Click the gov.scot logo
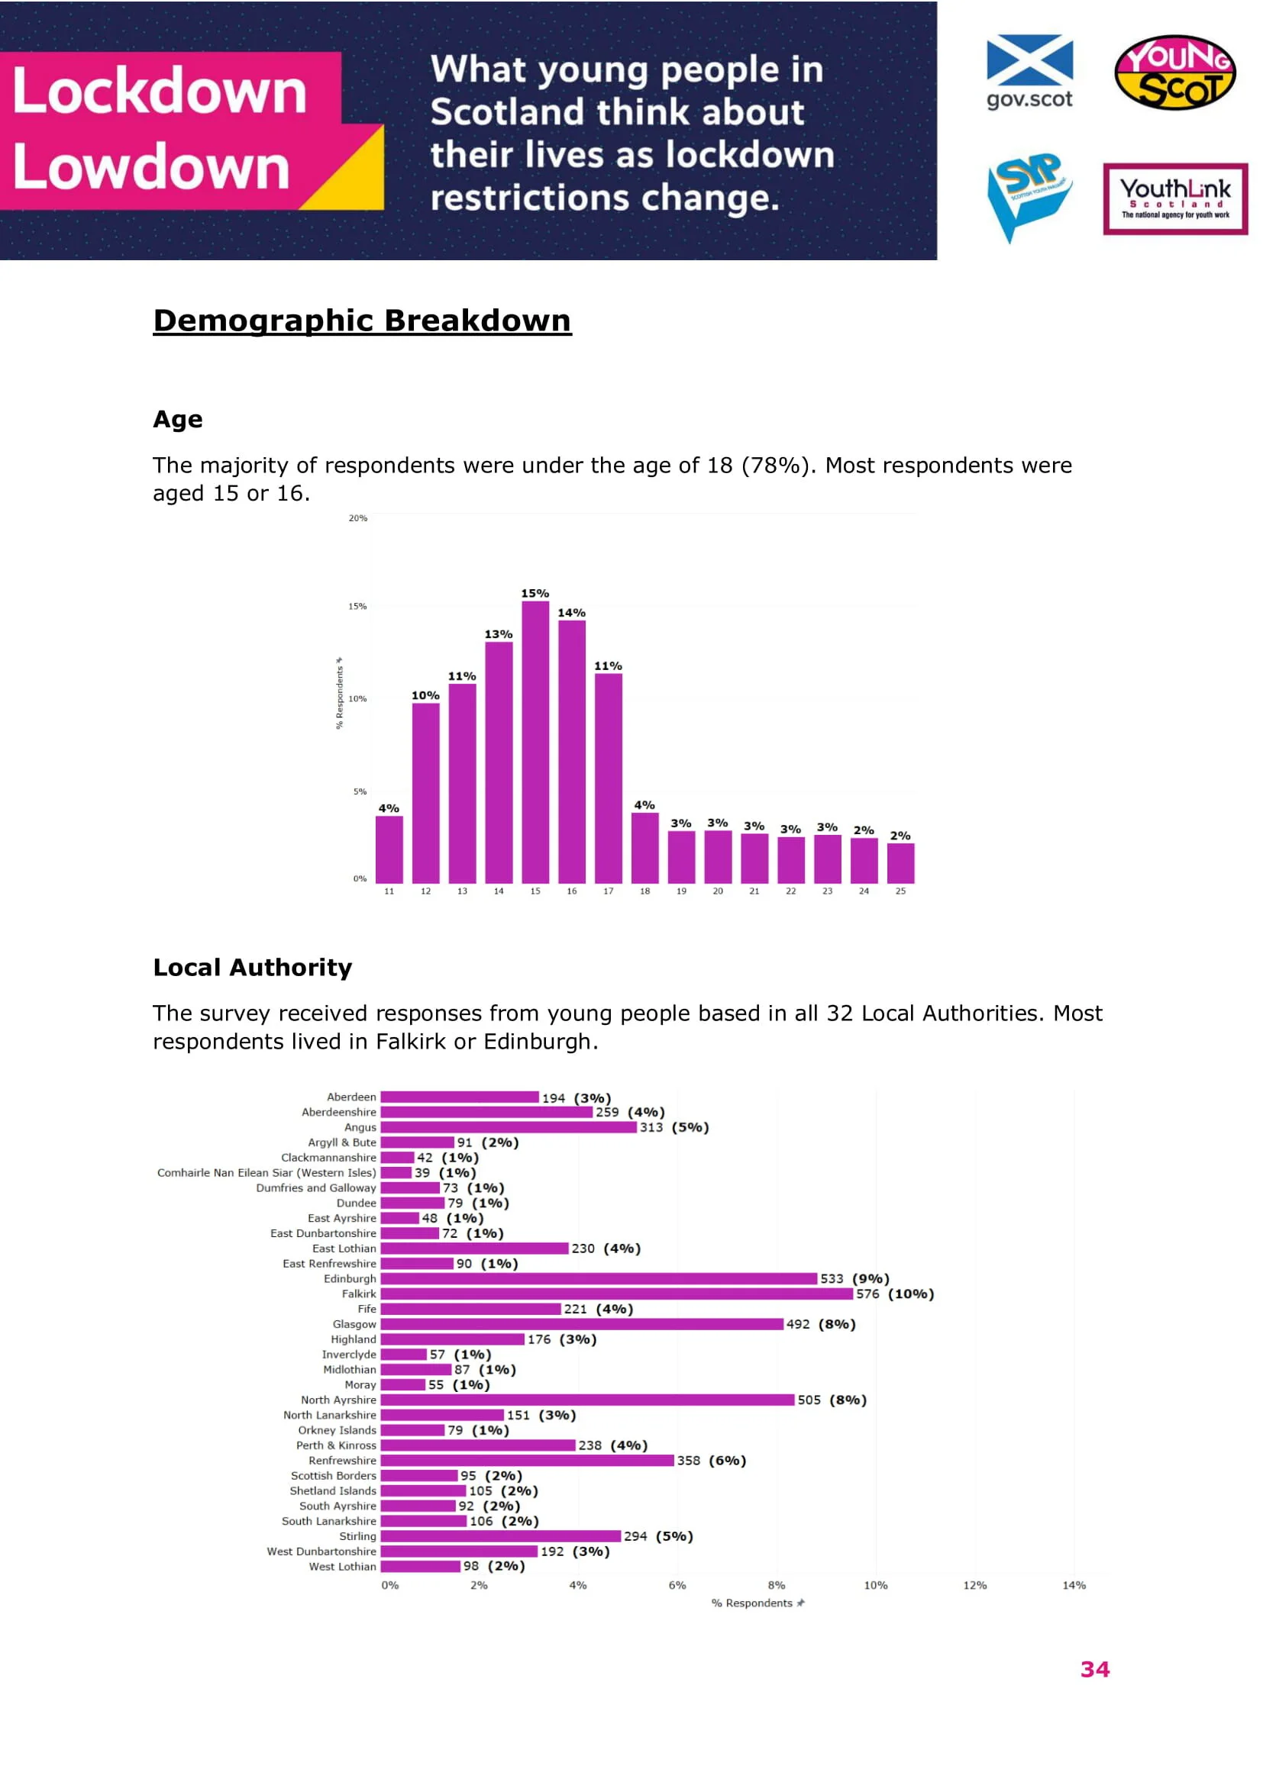[1029, 72]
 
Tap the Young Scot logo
[1174, 72]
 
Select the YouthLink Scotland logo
[1174, 199]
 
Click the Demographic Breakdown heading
[362, 321]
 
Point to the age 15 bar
[535, 742]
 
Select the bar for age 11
[389, 849]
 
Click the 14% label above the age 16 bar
[572, 613]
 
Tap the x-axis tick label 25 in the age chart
[900, 891]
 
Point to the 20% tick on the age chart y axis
[357, 517]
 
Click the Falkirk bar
[616, 1294]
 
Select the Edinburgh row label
[350, 1279]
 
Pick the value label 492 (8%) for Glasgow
[820, 1324]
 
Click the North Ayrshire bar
[587, 1400]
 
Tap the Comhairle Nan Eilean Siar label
[266, 1172]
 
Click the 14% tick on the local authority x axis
[1074, 1585]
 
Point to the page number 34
[1095, 1669]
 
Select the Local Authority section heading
[253, 967]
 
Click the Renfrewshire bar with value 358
[527, 1460]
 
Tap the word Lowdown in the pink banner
[152, 166]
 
